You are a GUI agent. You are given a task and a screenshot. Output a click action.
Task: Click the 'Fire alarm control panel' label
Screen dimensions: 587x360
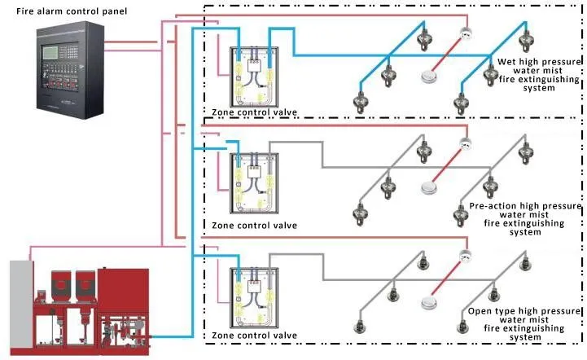72,11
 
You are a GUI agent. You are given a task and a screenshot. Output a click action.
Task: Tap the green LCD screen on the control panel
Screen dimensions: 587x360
49,53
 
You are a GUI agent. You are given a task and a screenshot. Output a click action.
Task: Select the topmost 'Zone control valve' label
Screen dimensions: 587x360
254,112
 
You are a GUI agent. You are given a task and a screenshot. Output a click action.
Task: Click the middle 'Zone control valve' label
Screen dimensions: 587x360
254,226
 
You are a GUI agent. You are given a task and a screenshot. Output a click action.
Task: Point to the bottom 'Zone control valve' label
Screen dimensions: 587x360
254,336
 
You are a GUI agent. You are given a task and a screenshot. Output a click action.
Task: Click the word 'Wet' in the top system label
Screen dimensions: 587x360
506,62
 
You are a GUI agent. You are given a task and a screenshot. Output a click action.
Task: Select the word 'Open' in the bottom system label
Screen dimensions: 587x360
480,311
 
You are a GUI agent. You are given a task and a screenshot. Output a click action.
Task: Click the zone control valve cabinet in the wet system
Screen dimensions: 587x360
254,77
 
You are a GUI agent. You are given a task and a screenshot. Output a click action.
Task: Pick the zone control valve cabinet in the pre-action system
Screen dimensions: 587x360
254,183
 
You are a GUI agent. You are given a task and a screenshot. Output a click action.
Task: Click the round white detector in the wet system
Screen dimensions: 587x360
427,76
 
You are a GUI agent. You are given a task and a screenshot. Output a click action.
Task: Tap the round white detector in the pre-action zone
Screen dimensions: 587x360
428,187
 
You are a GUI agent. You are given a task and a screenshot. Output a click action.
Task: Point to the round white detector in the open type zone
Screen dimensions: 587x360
428,303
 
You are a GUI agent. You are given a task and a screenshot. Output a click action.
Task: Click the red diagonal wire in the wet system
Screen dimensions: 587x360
447,54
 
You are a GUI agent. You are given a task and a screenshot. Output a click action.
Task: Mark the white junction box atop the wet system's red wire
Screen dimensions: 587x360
466,33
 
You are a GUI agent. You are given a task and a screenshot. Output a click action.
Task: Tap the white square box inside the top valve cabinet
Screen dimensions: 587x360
254,66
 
